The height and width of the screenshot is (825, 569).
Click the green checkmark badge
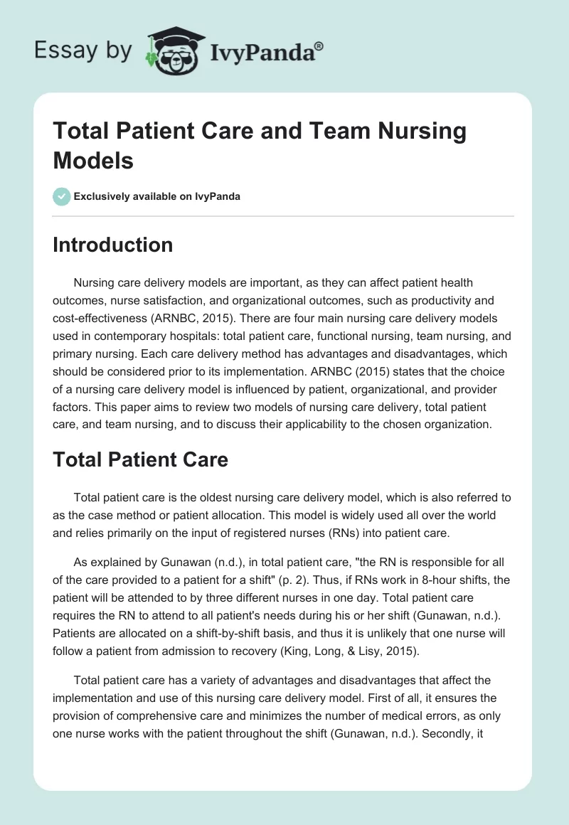point(61,196)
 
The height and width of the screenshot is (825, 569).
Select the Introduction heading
point(113,245)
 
